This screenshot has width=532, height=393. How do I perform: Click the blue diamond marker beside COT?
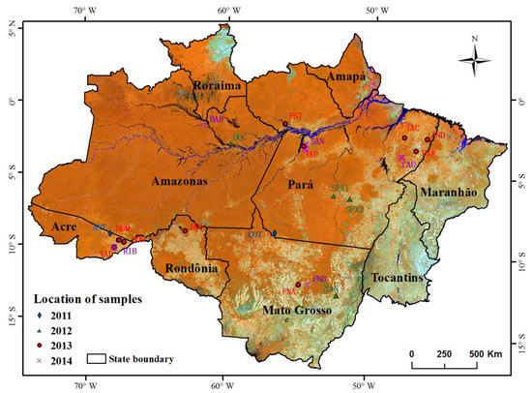274,233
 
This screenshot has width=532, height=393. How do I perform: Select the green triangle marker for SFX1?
333,197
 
